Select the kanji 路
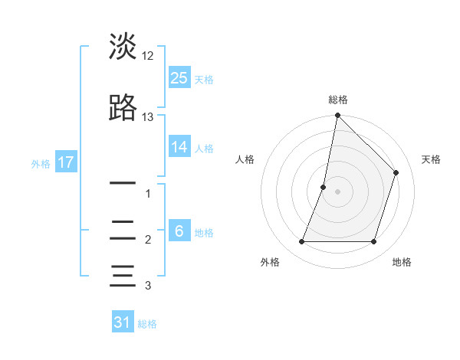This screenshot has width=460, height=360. (123, 108)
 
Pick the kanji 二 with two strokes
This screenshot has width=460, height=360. (123, 229)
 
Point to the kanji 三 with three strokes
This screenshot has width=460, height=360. (123, 274)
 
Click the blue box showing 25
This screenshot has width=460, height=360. (179, 77)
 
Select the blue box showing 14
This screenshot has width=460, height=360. (179, 147)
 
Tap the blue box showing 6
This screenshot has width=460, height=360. (179, 231)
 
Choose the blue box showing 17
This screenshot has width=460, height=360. (65, 162)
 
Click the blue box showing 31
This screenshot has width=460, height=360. (123, 322)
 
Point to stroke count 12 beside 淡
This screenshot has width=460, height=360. (148, 56)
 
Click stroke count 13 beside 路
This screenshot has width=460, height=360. (148, 117)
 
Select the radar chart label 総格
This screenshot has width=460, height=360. (338, 100)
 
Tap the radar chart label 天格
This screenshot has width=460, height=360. (431, 159)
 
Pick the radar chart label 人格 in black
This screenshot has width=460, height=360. (245, 159)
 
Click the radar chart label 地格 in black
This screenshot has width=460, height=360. (402, 263)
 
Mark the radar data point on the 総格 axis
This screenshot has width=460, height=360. (338, 116)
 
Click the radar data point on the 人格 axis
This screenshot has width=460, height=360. (324, 187)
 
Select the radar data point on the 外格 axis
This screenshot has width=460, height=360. (302, 242)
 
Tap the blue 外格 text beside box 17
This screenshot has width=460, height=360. (40, 163)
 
